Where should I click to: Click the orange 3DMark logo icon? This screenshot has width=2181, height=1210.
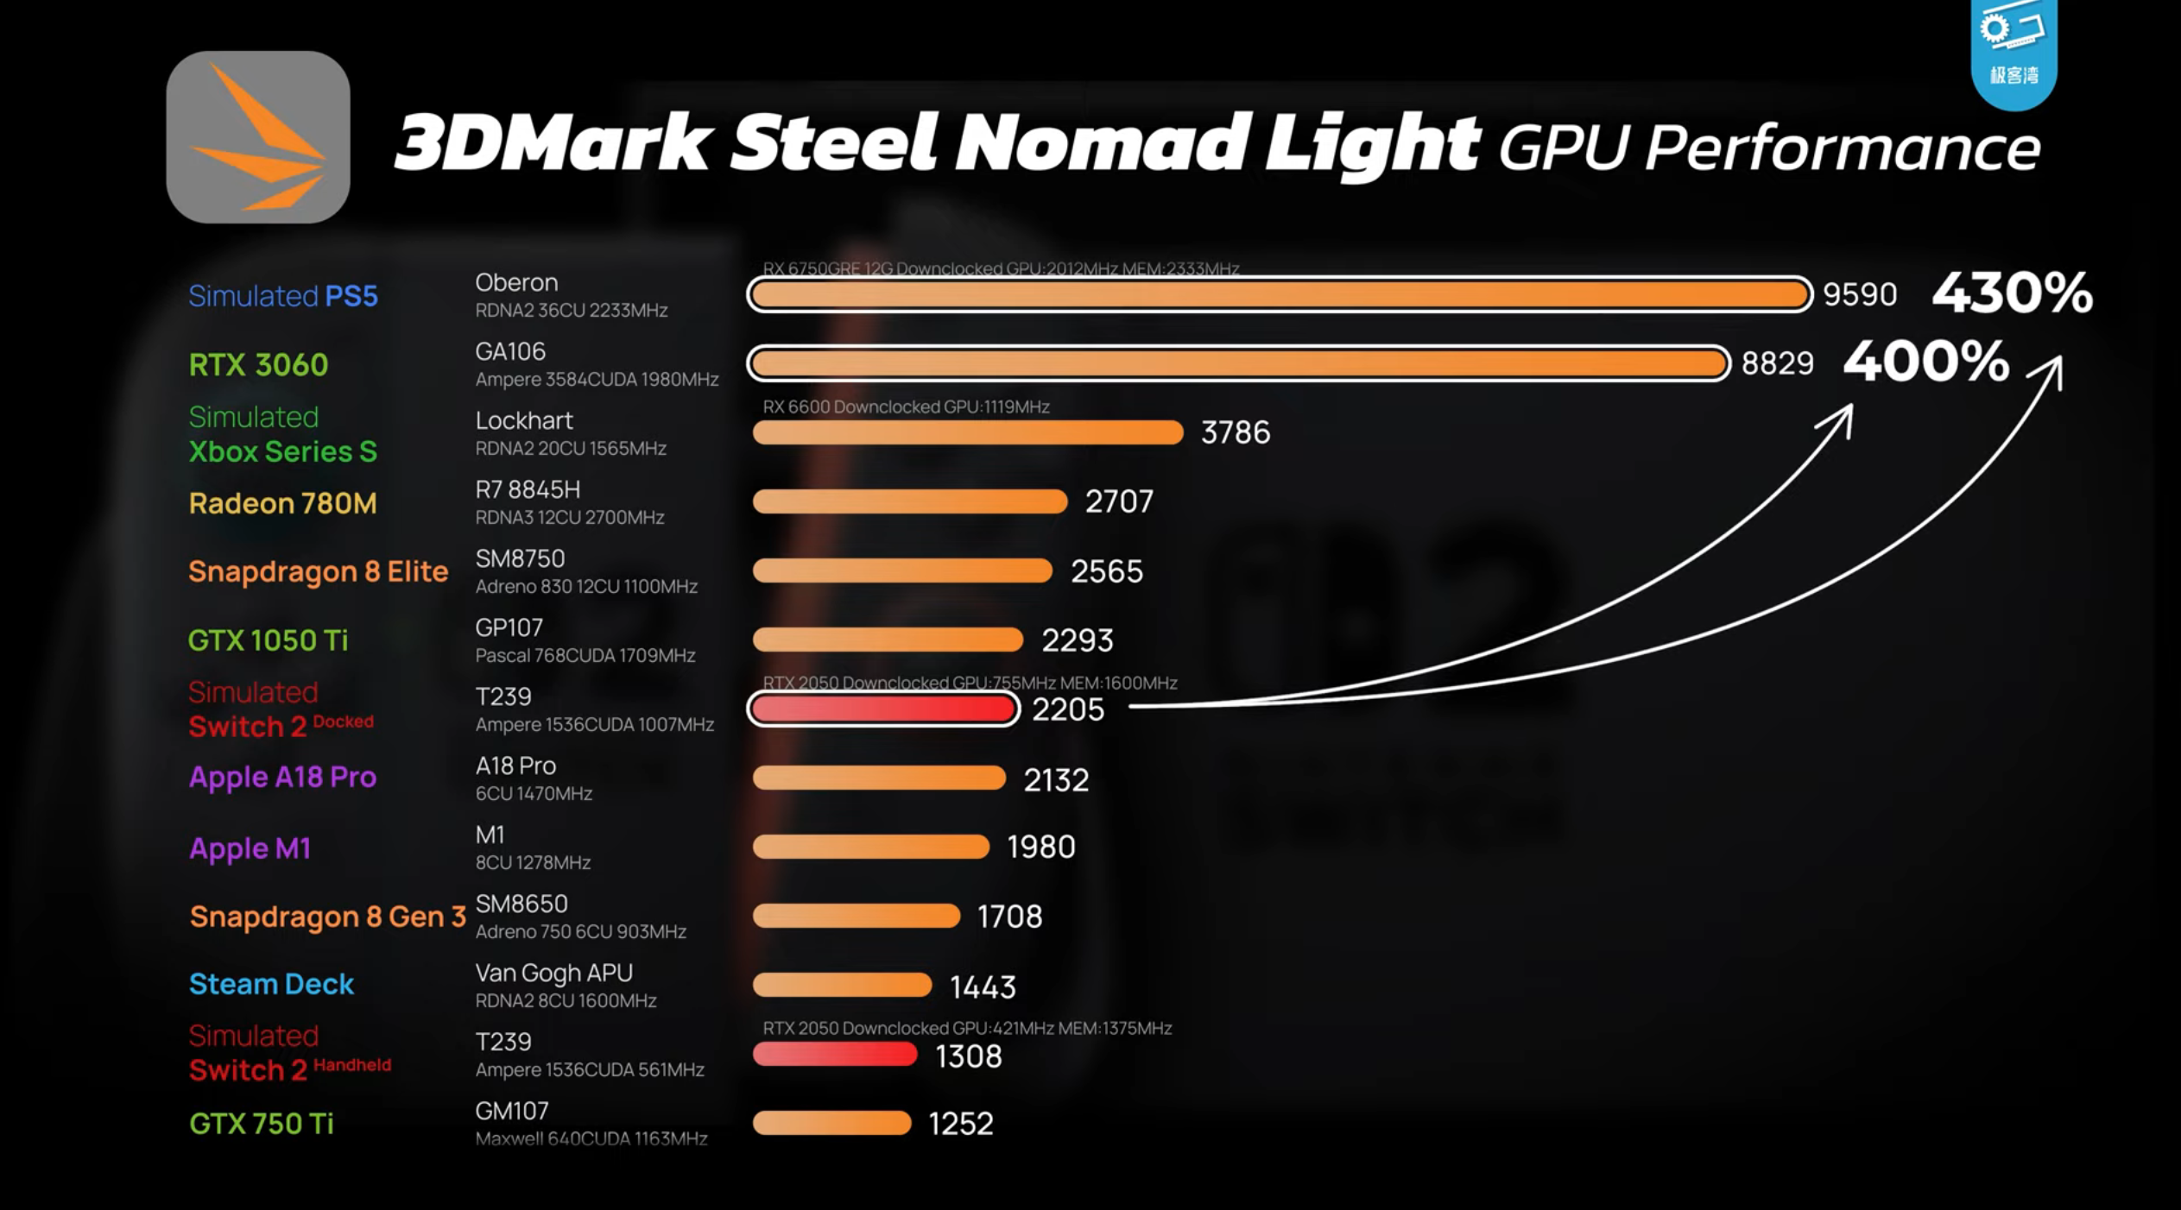[258, 136]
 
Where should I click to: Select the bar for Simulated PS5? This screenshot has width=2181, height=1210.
[1280, 294]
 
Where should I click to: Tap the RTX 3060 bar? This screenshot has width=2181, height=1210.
[1239, 363]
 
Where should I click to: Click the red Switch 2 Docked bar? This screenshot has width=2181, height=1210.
[883, 709]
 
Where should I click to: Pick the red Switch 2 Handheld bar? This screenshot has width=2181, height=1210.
[834, 1054]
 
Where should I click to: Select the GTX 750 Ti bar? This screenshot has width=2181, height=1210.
[831, 1123]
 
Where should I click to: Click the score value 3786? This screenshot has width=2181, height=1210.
[1236, 432]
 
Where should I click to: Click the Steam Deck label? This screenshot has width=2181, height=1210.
[271, 984]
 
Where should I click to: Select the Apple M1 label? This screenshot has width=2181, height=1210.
[250, 848]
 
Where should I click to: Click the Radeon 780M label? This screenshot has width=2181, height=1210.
[282, 502]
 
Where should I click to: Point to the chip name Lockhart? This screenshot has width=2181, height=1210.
[523, 420]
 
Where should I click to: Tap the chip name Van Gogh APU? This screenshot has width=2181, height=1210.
[553, 973]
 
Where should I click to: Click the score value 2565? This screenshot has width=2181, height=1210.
[1107, 571]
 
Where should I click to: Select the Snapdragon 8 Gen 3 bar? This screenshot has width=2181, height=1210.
[856, 916]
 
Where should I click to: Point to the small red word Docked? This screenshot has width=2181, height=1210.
[343, 721]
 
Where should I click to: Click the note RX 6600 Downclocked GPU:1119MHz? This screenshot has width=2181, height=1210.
[906, 406]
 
